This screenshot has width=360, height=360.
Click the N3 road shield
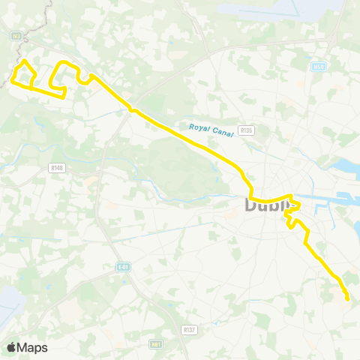(x=16, y=35)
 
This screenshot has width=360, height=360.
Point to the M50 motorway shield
(x=318, y=67)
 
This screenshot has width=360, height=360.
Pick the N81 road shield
(x=156, y=344)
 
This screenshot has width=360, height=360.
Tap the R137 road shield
(x=190, y=328)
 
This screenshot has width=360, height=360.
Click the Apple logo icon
(x=12, y=347)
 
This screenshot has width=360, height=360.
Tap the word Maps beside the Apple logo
(x=33, y=347)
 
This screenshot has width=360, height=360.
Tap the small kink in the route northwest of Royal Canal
(x=133, y=110)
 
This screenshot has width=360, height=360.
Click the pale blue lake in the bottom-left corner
(x=10, y=300)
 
